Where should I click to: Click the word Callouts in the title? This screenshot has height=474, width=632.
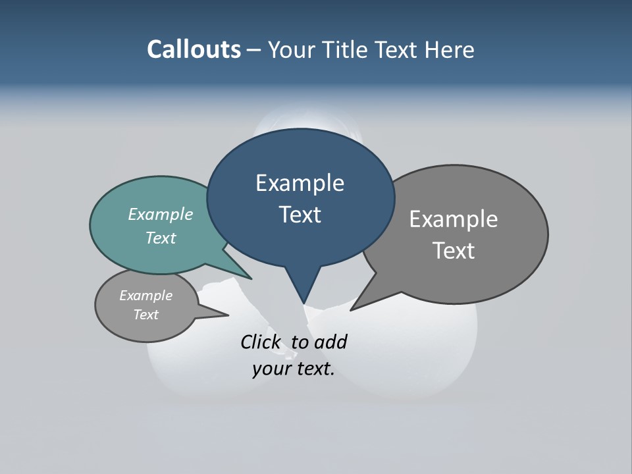[x=194, y=49]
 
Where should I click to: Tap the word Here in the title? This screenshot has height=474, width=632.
[x=448, y=49]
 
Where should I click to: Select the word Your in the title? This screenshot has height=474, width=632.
[x=291, y=49]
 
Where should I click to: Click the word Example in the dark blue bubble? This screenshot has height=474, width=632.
[x=300, y=183]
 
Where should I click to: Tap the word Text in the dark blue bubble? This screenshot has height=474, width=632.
[x=300, y=215]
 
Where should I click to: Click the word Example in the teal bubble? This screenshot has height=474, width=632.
[x=161, y=214]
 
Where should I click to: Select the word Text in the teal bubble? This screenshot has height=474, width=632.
[x=161, y=238]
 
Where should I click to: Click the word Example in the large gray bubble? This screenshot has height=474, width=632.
[x=454, y=219]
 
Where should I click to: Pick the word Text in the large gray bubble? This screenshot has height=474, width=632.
[x=454, y=251]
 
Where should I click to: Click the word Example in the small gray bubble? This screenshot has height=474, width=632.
[x=145, y=296]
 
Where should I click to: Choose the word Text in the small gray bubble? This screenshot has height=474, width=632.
[x=145, y=315]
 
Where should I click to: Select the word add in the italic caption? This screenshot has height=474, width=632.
[x=330, y=342]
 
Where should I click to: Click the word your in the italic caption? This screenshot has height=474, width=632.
[x=271, y=369]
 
